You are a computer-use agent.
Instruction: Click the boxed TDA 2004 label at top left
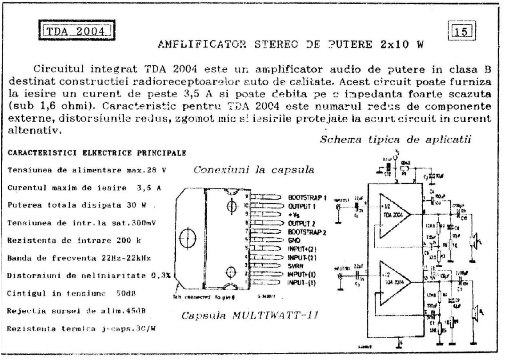click(74, 32)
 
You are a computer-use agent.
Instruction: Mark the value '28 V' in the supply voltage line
click(162, 170)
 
